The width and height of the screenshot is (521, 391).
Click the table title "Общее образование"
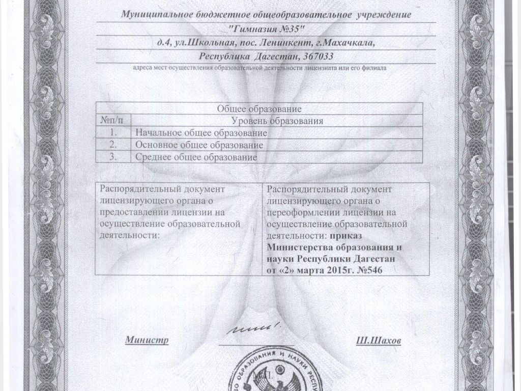click(x=259, y=108)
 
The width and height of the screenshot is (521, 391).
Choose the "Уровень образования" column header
click(x=277, y=121)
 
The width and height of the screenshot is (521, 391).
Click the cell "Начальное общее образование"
click(x=201, y=133)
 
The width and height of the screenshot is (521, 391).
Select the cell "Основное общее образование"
click(x=202, y=145)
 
